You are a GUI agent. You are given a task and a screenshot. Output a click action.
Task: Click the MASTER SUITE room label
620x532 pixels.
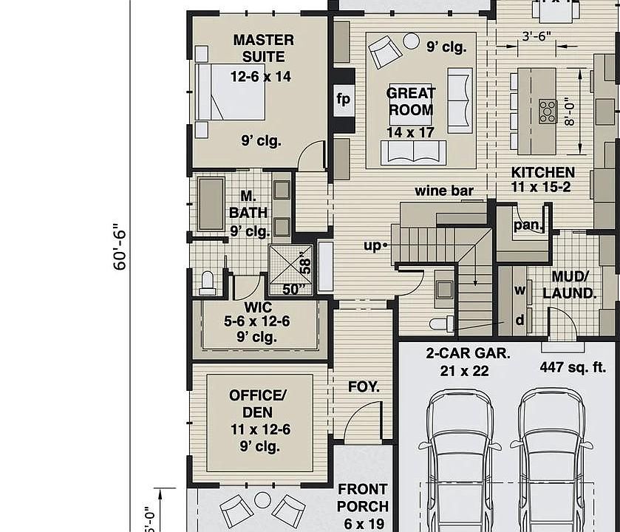click(262, 48)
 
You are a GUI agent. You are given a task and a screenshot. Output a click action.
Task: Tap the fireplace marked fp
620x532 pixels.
click(343, 99)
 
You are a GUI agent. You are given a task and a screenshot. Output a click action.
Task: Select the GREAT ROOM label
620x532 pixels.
click(411, 102)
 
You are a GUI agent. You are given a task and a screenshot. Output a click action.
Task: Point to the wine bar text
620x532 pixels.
click(443, 191)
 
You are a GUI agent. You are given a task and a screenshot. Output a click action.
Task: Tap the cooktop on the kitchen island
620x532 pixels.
click(548, 111)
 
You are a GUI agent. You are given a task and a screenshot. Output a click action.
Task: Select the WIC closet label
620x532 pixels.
click(256, 307)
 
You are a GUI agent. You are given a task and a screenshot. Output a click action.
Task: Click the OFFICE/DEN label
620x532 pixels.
click(256, 404)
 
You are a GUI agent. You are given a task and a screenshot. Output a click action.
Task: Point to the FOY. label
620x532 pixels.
click(364, 386)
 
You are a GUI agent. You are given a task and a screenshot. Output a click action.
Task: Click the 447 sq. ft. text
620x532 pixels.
click(572, 367)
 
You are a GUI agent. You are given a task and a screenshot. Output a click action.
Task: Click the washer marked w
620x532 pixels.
click(519, 290)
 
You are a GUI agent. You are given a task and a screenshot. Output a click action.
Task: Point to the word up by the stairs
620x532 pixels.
click(372, 245)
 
